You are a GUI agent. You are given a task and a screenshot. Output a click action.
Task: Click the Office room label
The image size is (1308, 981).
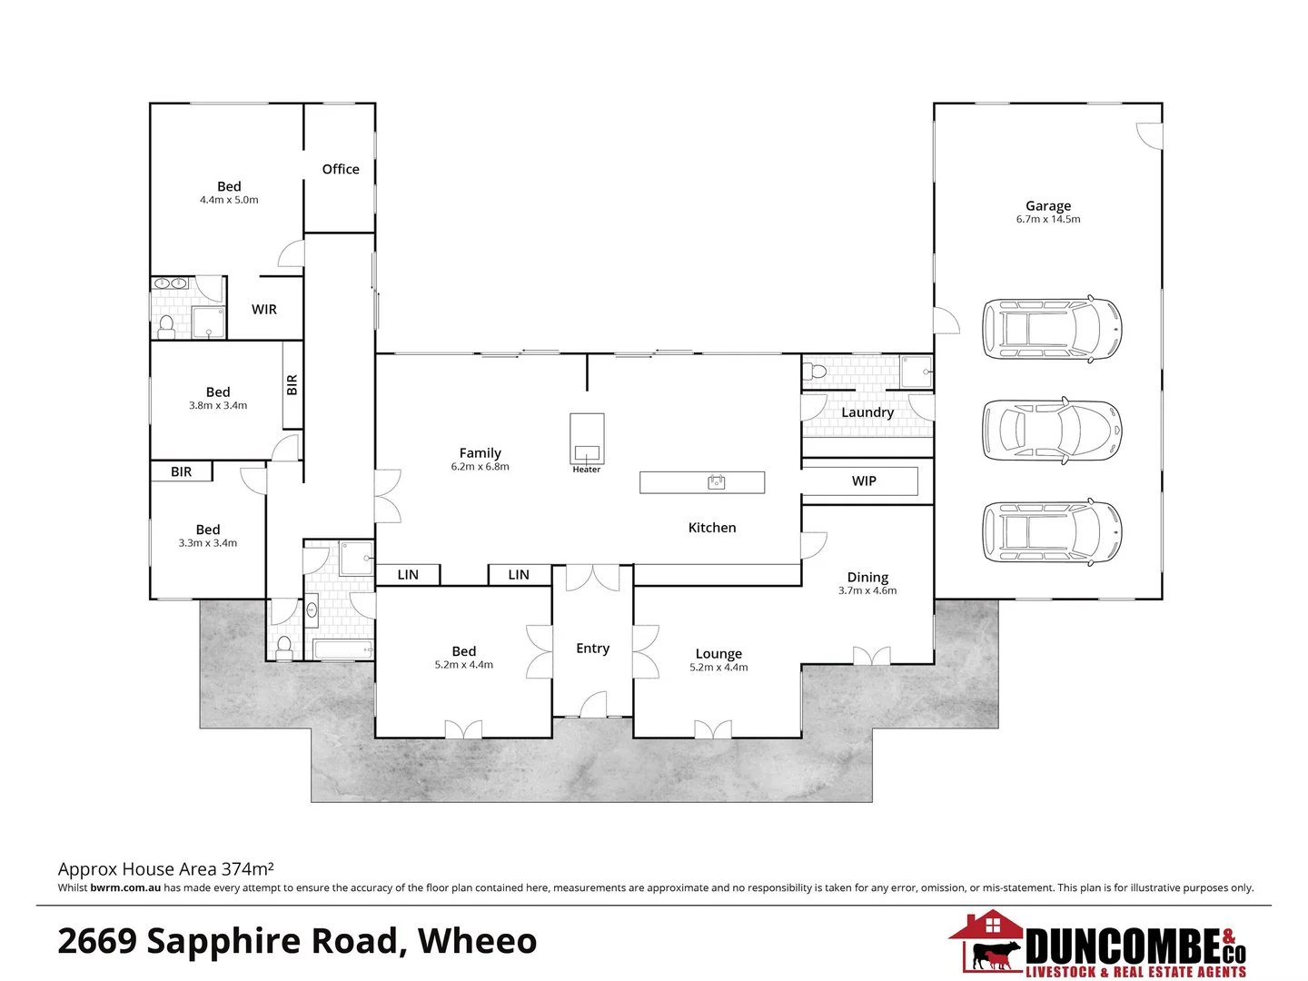[x=341, y=169]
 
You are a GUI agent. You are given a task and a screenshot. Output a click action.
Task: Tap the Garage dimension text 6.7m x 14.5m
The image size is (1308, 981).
[x=1048, y=219]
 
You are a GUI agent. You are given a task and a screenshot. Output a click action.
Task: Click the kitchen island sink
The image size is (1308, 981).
[x=717, y=482]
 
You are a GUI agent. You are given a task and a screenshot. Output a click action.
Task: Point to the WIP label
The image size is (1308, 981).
[x=864, y=481]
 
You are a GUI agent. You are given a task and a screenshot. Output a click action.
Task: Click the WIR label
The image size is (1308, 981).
[x=264, y=310]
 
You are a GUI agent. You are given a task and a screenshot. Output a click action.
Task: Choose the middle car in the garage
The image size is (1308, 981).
[x=1052, y=430]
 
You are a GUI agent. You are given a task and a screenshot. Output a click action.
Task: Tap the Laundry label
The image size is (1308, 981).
[x=867, y=412]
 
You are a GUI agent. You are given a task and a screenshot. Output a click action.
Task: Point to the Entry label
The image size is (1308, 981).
[x=592, y=649]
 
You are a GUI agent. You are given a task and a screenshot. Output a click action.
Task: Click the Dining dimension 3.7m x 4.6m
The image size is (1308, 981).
[x=867, y=590]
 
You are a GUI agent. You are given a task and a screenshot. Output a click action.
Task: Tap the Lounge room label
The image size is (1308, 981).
[x=718, y=654]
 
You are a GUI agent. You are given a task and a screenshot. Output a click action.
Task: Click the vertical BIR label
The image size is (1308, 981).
[x=292, y=385]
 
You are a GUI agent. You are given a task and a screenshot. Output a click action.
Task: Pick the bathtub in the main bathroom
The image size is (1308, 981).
[x=342, y=649]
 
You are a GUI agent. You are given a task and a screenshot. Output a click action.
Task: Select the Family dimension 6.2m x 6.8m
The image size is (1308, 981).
[x=480, y=467]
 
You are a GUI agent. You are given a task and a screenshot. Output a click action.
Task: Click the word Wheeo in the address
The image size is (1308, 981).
[x=478, y=941]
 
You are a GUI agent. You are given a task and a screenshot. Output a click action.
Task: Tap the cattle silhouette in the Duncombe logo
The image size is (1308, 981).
[x=996, y=954]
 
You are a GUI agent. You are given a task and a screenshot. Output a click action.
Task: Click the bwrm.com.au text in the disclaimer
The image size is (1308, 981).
[x=125, y=887]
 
